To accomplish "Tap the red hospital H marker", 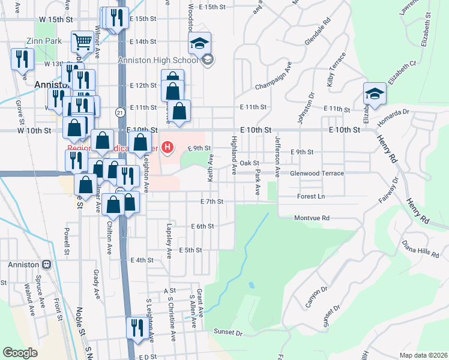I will click(x=168, y=146).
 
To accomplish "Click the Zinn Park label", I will click(x=40, y=42).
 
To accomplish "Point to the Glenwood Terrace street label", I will click(x=317, y=173).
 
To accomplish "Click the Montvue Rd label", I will click(x=313, y=218).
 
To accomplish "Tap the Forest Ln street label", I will click(x=311, y=196).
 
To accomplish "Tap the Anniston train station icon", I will click(x=46, y=265).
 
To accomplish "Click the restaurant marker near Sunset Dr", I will click(x=136, y=328).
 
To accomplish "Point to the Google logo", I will click(x=20, y=353).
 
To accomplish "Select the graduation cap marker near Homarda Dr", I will click(x=375, y=94).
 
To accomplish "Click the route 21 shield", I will click(x=121, y=112).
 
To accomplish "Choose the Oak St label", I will click(x=249, y=163).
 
